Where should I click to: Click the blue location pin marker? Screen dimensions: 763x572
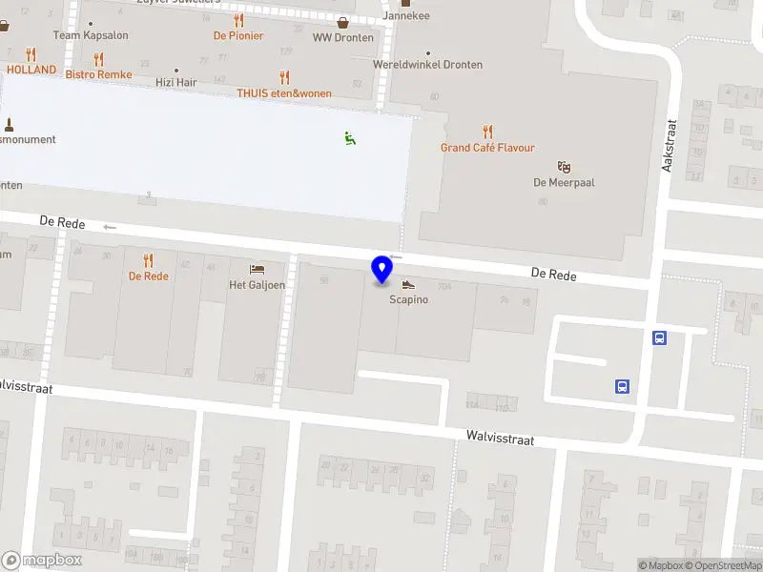tap(381, 270)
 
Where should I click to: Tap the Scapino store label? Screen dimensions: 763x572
tap(408, 299)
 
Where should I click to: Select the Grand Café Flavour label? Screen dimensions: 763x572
tap(487, 148)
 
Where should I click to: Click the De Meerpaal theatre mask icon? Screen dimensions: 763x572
tap(565, 166)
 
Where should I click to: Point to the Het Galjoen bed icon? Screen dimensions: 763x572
tap(257, 269)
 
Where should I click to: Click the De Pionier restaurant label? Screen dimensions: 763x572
tap(238, 35)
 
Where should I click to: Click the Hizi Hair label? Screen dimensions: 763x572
tap(176, 83)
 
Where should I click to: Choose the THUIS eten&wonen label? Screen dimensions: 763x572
tap(284, 93)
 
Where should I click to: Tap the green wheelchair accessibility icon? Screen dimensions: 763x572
tap(350, 139)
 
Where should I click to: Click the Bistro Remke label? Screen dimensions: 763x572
tap(98, 73)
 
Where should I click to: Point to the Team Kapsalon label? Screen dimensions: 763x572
tap(91, 35)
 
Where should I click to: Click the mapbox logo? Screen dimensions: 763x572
tap(42, 561)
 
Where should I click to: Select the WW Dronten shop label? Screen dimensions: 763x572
tap(342, 37)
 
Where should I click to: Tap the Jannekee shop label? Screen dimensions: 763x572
tap(405, 16)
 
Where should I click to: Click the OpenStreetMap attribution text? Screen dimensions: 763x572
tap(722, 565)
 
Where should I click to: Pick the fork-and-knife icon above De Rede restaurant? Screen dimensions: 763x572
tap(148, 259)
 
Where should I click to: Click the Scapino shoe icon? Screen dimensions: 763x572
tap(408, 284)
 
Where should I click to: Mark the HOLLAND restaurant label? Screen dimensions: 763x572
tap(31, 70)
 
